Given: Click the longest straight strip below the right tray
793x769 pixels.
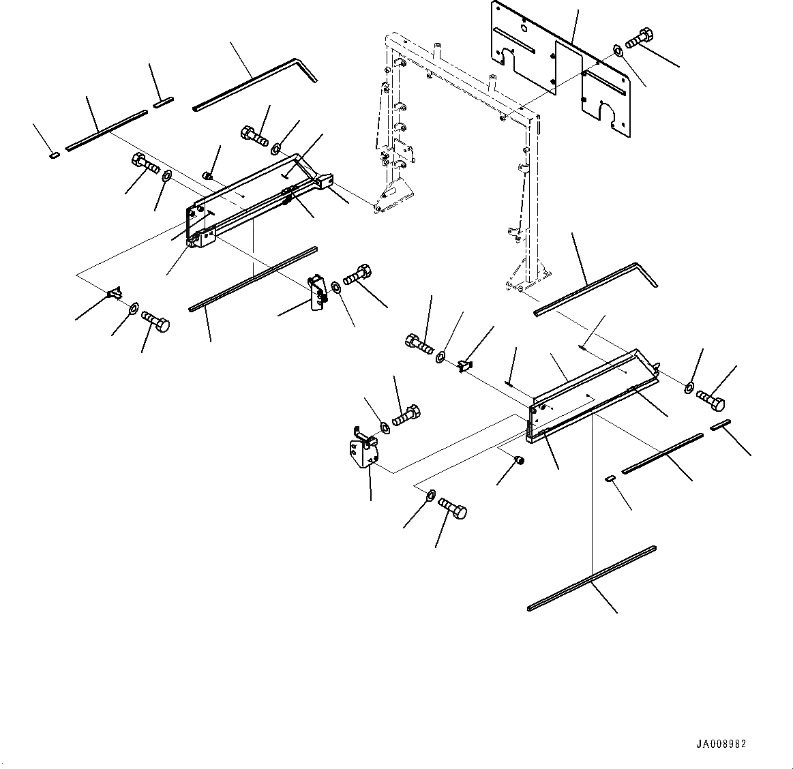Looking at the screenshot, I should point(592,577).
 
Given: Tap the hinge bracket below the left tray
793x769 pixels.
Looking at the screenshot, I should point(317,292).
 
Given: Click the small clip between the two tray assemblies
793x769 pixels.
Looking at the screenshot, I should point(465,366).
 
